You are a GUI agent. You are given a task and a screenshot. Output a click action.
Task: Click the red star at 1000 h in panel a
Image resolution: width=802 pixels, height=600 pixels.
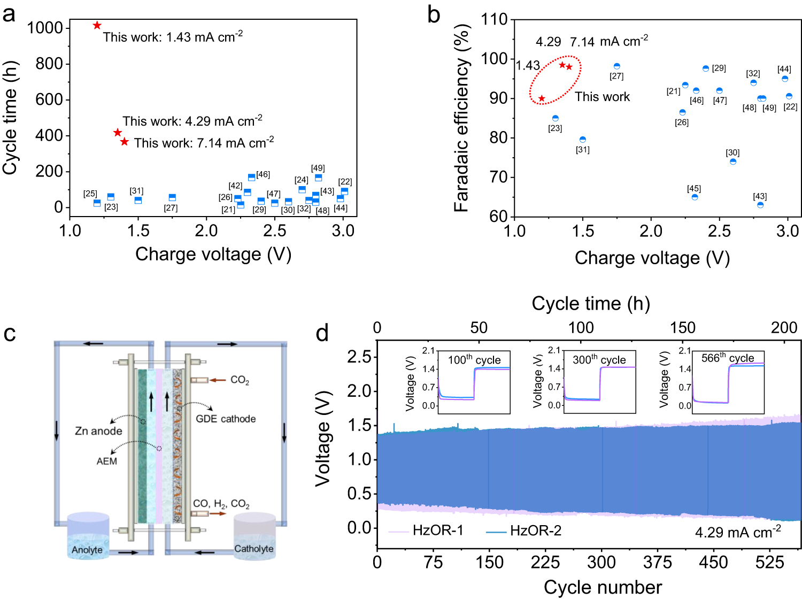pos(97,25)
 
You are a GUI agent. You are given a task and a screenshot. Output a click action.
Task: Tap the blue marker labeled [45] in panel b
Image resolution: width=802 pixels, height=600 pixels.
pos(695,197)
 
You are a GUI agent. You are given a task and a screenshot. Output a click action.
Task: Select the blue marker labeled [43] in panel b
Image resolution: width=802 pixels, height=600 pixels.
pos(760,205)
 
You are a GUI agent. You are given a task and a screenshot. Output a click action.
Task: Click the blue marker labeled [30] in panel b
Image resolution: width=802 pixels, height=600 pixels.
pos(733,161)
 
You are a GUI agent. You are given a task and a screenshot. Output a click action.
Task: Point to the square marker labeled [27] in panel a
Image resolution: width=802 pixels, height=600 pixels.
pos(172,198)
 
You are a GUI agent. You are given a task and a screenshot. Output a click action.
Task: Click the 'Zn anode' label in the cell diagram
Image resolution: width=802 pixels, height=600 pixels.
pos(98,431)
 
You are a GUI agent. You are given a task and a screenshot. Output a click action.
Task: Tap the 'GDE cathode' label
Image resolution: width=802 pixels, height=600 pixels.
pos(226,419)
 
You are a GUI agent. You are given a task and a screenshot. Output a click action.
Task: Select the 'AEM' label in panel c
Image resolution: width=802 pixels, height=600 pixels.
pos(106,461)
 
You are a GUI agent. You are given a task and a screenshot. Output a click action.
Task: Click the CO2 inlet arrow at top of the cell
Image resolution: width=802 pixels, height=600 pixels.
pos(217,380)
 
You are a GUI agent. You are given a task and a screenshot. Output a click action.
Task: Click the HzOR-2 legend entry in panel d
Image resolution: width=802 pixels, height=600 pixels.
pos(524,530)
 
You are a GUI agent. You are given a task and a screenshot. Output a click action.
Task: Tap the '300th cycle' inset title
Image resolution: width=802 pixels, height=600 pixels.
pos(599,360)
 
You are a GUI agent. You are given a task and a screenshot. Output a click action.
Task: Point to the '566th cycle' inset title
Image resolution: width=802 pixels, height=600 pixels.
pos(727,358)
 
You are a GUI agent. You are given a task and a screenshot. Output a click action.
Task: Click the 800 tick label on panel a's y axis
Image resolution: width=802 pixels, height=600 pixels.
pos(49,64)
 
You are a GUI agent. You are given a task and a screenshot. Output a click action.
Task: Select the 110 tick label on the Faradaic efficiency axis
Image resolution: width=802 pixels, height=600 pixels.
pos(494,19)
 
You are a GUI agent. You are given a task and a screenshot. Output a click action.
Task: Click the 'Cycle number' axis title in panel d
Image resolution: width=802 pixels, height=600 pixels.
pos(603,587)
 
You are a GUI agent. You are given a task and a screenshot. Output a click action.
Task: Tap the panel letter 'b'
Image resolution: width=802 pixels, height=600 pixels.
pos(434,15)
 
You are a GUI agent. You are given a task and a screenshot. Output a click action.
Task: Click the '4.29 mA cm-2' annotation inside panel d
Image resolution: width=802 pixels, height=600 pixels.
pos(738,532)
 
